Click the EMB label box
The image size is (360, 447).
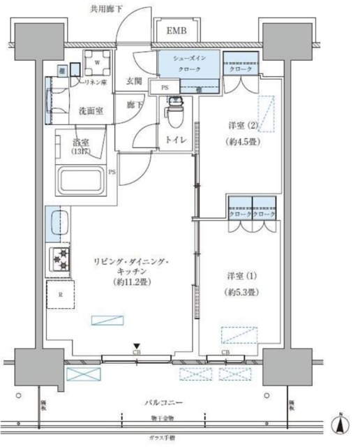click(176, 32)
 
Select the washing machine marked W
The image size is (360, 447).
click(96, 61)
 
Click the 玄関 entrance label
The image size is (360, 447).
click(135, 81)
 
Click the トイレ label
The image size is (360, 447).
click(176, 140)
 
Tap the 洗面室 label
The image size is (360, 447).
click(91, 110)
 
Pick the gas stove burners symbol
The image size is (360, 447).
click(59, 258)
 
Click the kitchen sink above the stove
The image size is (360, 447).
click(59, 224)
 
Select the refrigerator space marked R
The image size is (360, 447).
click(61, 294)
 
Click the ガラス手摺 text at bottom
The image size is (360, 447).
click(165, 437)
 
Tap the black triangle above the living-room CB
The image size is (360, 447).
click(137, 346)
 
